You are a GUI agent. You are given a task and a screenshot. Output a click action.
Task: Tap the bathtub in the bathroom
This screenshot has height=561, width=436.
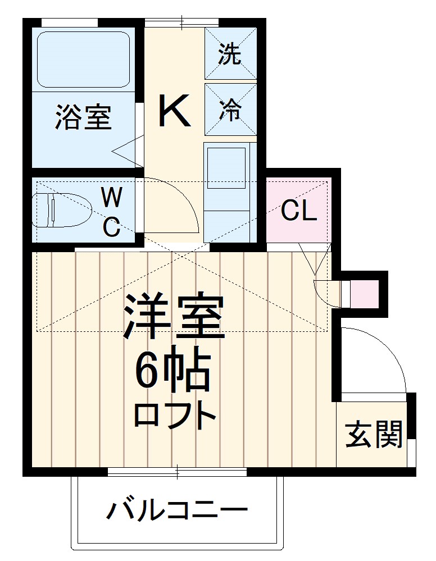click(x=84, y=59)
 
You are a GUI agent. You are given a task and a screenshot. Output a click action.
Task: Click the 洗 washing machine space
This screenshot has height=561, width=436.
click(x=229, y=54)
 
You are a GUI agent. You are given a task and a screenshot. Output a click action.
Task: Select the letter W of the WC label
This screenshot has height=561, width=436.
click(x=112, y=198)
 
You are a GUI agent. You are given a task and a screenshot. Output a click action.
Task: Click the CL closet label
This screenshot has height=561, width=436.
click(x=299, y=211)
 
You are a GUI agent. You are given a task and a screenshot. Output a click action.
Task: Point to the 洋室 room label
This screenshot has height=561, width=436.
click(x=174, y=318)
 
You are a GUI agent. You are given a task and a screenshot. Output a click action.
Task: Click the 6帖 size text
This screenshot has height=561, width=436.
click(x=171, y=372)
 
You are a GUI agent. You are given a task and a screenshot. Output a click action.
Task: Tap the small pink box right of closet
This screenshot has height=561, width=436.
click(x=364, y=291)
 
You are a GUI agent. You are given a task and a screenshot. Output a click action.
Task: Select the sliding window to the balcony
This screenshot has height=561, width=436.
click(x=177, y=471)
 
